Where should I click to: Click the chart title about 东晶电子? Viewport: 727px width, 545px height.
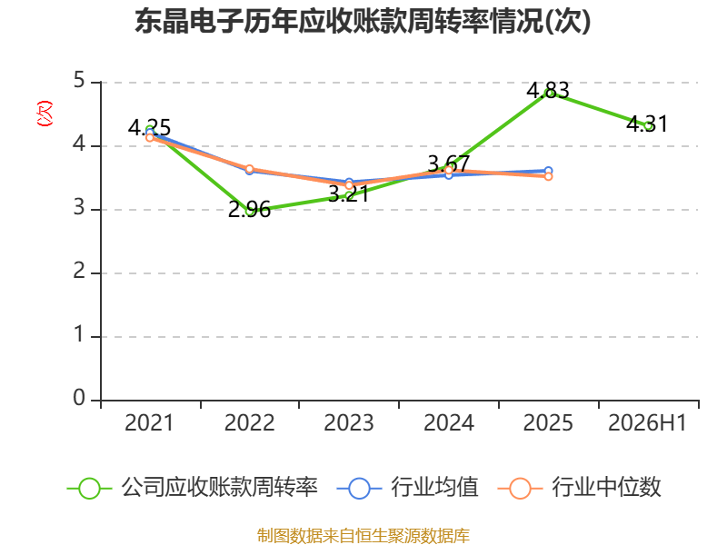(363, 21)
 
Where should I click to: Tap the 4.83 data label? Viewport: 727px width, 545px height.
(548, 90)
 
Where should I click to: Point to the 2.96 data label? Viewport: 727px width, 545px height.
(249, 210)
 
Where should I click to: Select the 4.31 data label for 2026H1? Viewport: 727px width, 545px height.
(647, 124)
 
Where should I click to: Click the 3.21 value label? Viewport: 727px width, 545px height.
(349, 193)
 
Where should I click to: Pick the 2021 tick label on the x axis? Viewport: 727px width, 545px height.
(149, 422)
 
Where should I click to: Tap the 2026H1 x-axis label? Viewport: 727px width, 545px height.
(647, 422)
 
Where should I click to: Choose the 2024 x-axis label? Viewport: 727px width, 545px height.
(448, 422)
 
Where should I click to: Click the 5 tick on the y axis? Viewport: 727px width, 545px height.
(79, 81)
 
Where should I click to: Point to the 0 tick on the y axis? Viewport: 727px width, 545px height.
(79, 398)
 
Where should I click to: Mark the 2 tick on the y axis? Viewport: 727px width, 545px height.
(79, 271)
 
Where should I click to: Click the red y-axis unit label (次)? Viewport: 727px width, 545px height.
(45, 114)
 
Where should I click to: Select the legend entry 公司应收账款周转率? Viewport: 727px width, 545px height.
(193, 488)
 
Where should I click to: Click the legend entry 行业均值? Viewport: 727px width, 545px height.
(407, 488)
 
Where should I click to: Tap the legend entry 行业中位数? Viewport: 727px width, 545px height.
(579, 488)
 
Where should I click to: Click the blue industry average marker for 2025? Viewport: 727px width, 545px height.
(548, 171)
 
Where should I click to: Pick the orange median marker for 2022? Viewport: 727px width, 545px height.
(249, 169)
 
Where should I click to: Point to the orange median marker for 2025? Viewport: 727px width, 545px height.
(548, 176)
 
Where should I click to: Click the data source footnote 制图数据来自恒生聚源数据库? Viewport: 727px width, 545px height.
(363, 535)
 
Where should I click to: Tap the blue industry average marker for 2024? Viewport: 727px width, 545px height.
(448, 175)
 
